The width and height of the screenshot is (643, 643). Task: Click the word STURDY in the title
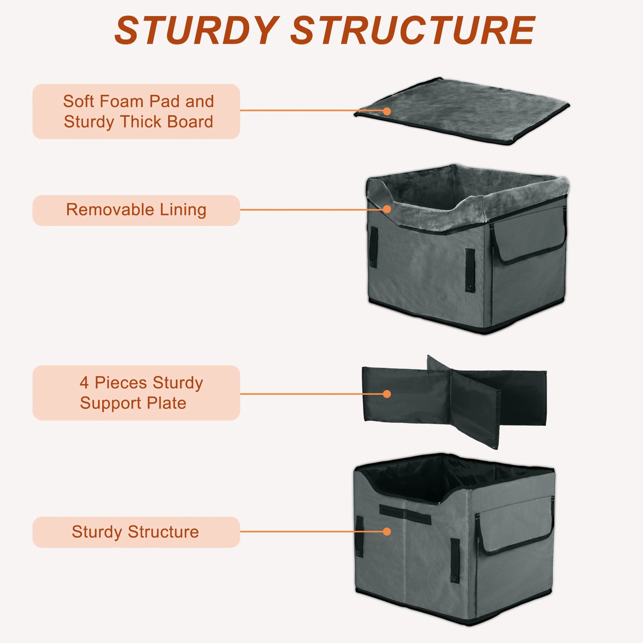coord(196,30)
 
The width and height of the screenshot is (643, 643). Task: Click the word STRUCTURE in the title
coord(412,30)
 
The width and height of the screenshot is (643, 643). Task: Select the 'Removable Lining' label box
coord(136,210)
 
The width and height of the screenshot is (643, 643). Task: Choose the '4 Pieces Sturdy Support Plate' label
coord(136,392)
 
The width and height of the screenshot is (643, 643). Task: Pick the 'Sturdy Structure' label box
coord(136,532)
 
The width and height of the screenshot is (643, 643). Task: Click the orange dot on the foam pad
coord(387,111)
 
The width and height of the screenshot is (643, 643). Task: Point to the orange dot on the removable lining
coord(387,209)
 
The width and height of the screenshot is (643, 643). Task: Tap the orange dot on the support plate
coord(387,394)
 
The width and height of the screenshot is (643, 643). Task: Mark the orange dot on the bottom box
coord(387,531)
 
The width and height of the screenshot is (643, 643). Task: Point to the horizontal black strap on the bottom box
coord(405,514)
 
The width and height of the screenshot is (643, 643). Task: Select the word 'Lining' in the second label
coord(183,210)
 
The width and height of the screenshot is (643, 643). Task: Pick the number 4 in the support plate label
coord(84,383)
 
